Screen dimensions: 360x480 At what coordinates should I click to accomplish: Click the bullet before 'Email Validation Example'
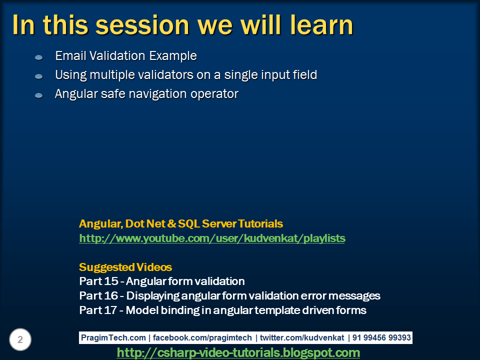(39, 57)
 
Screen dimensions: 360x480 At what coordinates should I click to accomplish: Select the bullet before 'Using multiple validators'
(39, 76)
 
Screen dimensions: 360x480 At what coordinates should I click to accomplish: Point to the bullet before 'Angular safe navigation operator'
(39, 95)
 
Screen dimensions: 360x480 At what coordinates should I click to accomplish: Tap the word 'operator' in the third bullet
(216, 94)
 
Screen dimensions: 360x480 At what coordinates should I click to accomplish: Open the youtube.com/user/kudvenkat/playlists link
(212, 238)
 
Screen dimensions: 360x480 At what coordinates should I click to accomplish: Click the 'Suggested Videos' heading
(125, 267)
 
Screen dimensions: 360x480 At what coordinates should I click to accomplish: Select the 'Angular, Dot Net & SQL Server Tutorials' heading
(181, 223)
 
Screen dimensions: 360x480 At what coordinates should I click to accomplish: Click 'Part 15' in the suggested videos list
(98, 281)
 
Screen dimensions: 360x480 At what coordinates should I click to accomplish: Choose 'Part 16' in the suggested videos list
(98, 295)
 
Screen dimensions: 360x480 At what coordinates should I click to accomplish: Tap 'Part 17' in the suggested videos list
(98, 310)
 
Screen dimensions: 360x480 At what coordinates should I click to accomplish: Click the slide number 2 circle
(20, 340)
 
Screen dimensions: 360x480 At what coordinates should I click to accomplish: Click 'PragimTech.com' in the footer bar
(113, 338)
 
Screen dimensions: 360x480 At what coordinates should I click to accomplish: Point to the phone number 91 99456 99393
(381, 338)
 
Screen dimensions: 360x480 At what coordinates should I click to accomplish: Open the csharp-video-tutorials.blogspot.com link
(238, 352)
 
